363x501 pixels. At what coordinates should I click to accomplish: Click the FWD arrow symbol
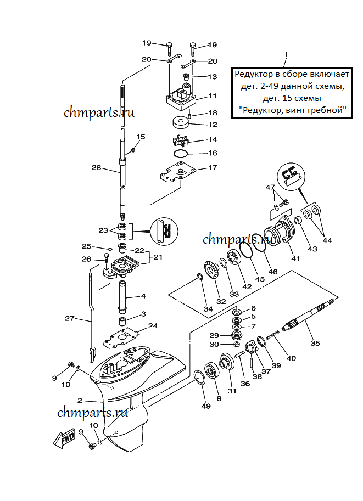click(x=65, y=437)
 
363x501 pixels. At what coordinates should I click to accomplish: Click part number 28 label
click(x=96, y=168)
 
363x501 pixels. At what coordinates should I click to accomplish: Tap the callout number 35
click(x=315, y=344)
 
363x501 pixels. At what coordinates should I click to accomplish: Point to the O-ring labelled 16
click(x=181, y=153)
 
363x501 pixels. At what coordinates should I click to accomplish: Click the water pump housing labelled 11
click(x=182, y=97)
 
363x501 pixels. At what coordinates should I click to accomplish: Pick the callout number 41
click(x=295, y=258)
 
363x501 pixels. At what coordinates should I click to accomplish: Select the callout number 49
click(x=205, y=406)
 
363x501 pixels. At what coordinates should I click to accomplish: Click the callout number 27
click(x=69, y=318)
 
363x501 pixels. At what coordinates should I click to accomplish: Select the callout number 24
click(x=153, y=325)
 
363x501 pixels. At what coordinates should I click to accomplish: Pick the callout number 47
click(x=270, y=188)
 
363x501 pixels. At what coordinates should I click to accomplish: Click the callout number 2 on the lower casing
click(x=80, y=401)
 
